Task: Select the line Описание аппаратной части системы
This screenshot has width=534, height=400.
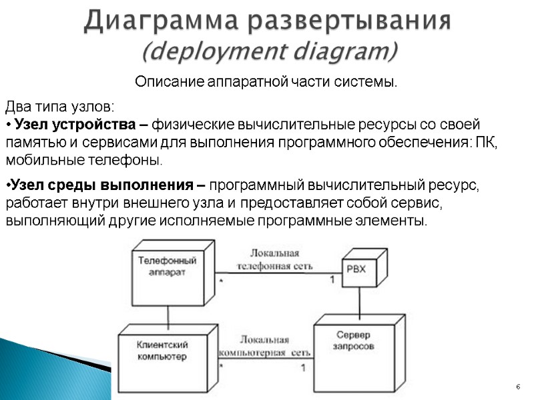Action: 266,83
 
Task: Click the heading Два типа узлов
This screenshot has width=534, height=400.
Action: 60,107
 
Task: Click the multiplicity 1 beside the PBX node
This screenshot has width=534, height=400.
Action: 332,280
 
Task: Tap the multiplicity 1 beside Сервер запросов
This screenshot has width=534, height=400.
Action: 304,367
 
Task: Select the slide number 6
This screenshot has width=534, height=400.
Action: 517,387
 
